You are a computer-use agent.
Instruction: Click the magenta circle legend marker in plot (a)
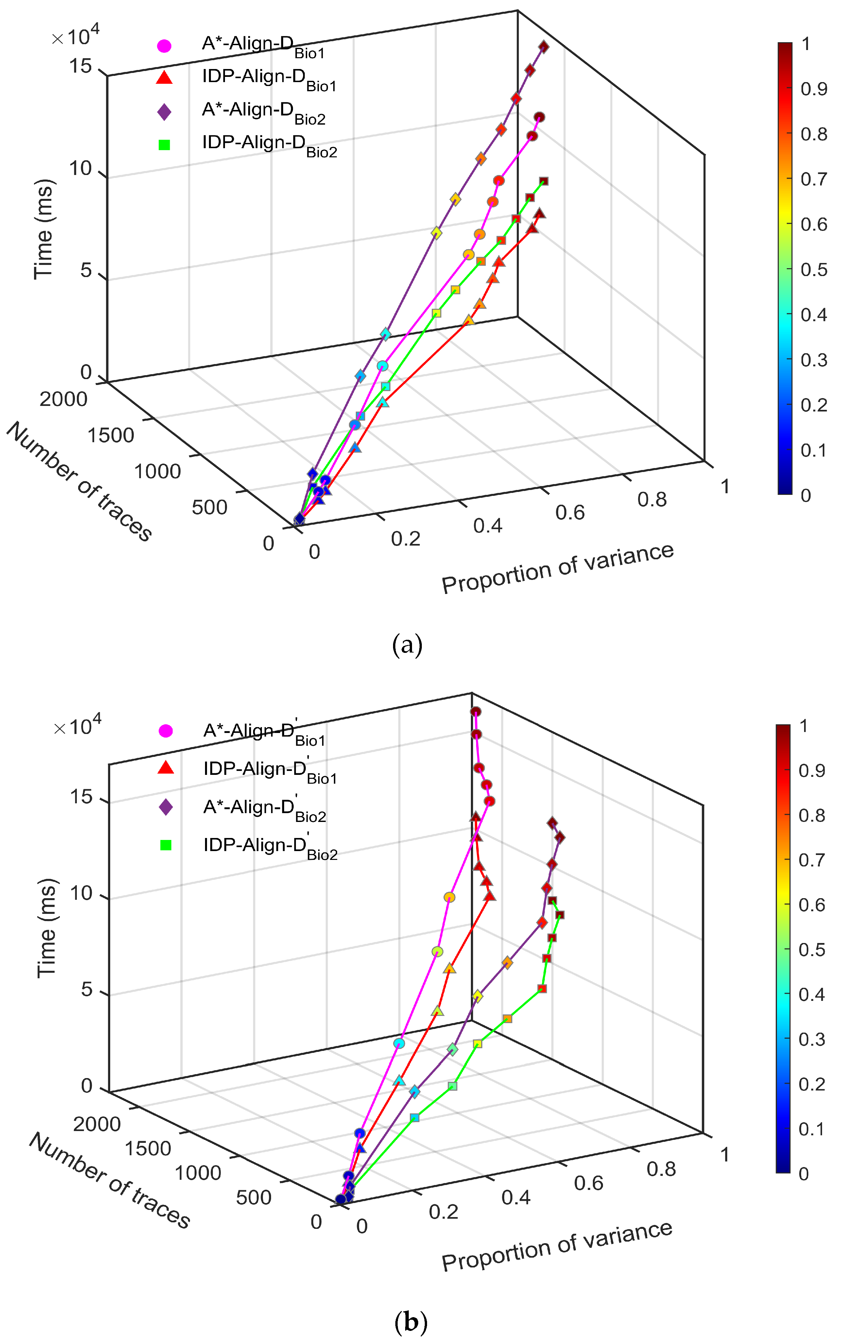164,46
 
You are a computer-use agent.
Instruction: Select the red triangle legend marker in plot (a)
164,78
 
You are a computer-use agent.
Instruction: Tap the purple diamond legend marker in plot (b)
165,807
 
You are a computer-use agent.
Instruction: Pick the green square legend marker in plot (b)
165,845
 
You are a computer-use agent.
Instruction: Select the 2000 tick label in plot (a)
63,399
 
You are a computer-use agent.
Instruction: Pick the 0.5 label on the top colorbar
814,270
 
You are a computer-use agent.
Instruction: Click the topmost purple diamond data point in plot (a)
543,47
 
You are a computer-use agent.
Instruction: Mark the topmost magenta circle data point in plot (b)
475,712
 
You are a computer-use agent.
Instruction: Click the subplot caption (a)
407,645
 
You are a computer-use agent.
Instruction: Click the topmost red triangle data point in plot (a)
539,214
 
